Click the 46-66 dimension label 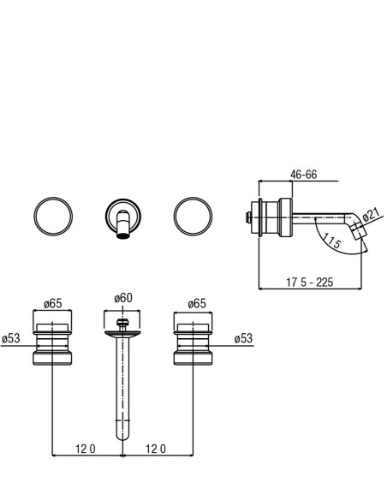303,175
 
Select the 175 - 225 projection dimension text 310,283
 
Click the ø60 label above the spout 123,298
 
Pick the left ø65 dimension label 53,303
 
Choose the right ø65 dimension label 197,303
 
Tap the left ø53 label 10,338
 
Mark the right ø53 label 243,338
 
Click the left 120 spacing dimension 85,449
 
